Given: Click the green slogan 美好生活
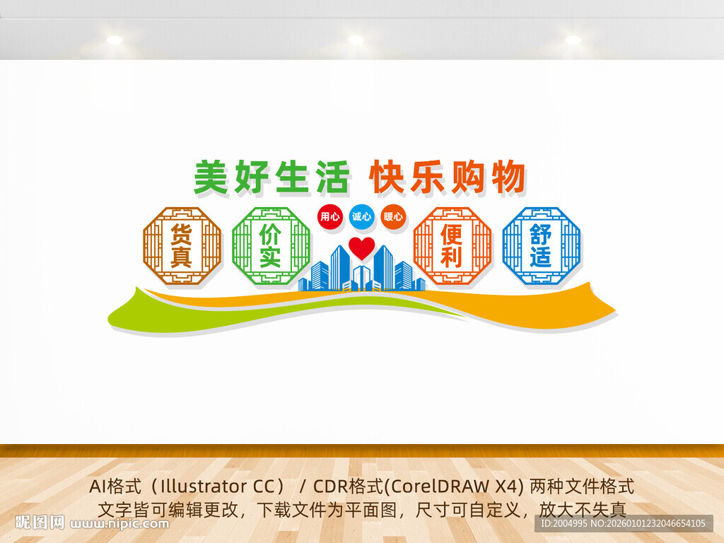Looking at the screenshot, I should point(271,177).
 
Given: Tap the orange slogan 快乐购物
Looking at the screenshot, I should point(447,177).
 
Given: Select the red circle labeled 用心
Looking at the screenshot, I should point(329,216).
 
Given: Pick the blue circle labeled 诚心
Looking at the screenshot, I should point(361,216).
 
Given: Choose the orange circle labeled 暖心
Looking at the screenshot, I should point(393,216).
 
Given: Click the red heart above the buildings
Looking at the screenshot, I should point(362,247).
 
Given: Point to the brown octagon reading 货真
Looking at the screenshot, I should point(182,245).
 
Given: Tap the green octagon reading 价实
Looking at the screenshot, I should point(271,245).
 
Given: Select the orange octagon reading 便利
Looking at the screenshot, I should point(452,245).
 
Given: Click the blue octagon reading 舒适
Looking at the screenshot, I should point(541,245).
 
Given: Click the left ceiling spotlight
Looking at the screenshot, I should point(115,40).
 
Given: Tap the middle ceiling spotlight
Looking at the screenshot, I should point(356,40).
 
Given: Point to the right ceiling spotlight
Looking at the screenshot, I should point(573,40).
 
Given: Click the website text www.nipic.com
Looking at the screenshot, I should point(120,524).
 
